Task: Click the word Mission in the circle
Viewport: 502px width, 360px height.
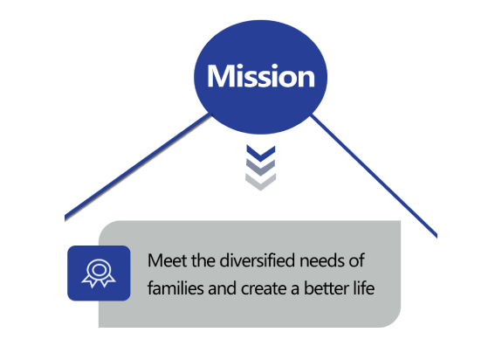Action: (261, 76)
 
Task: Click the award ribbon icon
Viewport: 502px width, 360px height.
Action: (99, 273)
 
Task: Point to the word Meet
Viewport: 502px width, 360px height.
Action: (167, 260)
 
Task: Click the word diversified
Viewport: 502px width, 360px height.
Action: (258, 260)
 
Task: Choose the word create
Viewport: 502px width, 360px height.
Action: (264, 288)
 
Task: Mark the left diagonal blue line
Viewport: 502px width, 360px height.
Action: (138, 167)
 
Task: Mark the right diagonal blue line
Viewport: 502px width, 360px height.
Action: (374, 176)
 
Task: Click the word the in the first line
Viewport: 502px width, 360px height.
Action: (203, 260)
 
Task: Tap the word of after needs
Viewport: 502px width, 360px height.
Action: (356, 260)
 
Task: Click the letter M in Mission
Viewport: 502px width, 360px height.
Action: (219, 76)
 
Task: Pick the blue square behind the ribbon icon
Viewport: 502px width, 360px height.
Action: (99, 273)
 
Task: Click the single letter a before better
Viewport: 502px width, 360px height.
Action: (295, 289)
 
